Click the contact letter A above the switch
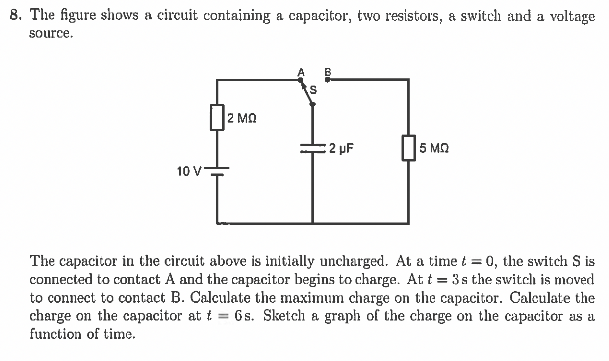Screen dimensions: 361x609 point(301,71)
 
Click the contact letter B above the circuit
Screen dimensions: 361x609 point(329,71)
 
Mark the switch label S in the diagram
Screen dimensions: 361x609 point(313,90)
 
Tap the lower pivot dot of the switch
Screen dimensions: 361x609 point(313,103)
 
